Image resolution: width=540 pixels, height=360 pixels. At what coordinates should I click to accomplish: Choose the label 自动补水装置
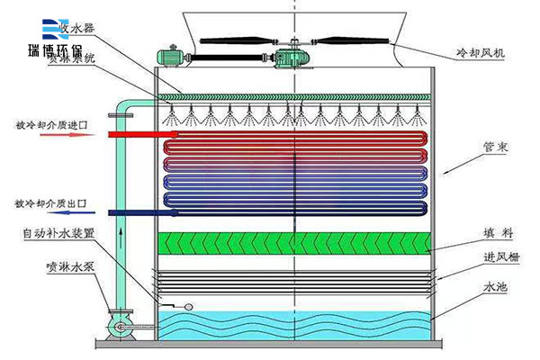point(61,232)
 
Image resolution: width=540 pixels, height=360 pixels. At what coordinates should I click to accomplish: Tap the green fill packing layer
point(294,242)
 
